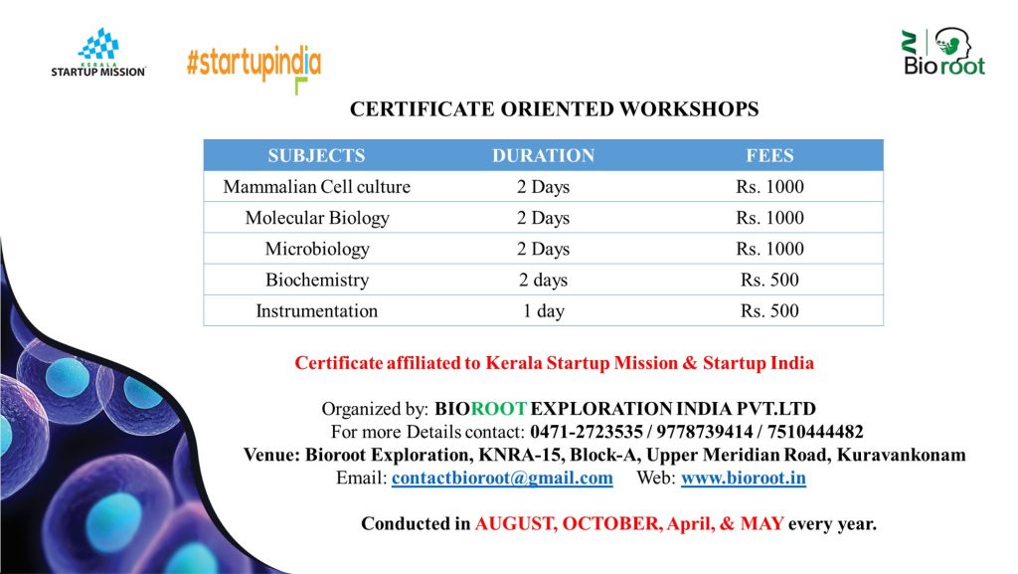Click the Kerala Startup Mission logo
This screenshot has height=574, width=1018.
click(x=98, y=53)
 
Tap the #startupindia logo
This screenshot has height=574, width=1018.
click(x=254, y=69)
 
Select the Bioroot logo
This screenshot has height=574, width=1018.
click(x=944, y=52)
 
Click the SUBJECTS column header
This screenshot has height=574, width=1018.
click(x=317, y=156)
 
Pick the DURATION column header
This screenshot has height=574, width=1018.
click(x=544, y=156)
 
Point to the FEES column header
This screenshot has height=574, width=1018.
click(x=770, y=156)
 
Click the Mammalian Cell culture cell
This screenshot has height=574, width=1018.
click(x=317, y=187)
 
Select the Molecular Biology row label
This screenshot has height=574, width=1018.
click(x=317, y=218)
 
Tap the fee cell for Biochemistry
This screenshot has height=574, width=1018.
click(x=770, y=280)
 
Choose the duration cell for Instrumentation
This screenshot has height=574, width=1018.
click(x=544, y=311)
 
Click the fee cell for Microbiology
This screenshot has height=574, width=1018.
click(x=770, y=249)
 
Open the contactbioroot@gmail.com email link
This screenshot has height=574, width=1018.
click(x=502, y=478)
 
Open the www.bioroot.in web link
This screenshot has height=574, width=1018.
click(x=744, y=478)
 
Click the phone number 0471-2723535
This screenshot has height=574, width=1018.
click(x=587, y=432)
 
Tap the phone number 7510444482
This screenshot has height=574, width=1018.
click(x=815, y=432)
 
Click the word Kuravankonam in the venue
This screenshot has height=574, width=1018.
click(x=901, y=455)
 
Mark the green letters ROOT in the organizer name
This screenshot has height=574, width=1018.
click(x=499, y=409)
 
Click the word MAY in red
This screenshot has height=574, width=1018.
click(x=763, y=523)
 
